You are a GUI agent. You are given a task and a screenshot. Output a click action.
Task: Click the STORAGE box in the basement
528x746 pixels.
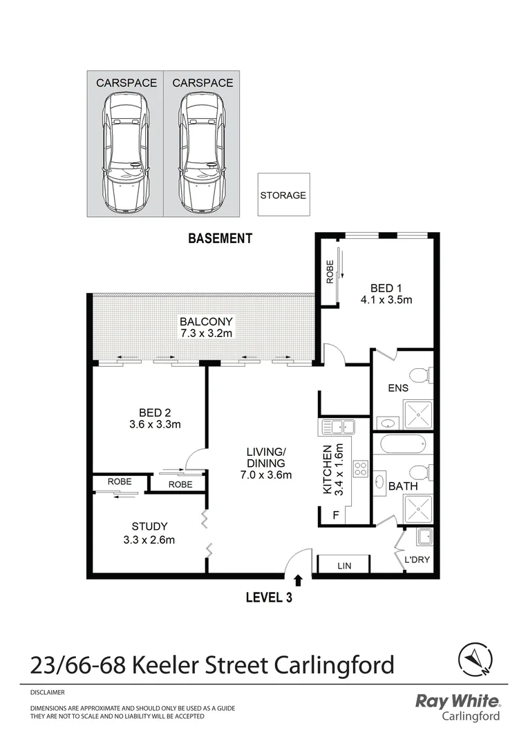pyautogui.click(x=283, y=195)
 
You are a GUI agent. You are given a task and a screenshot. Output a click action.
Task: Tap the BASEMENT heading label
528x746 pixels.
pyautogui.click(x=220, y=239)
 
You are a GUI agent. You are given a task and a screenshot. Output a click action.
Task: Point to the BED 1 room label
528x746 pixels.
pyautogui.click(x=386, y=288)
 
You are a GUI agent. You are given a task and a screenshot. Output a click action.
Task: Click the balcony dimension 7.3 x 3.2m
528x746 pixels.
pyautogui.click(x=207, y=334)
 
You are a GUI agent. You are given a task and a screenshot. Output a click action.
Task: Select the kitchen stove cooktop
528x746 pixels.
pyautogui.click(x=361, y=469)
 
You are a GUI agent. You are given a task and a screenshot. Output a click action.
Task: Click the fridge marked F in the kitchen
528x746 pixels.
pyautogui.click(x=336, y=515)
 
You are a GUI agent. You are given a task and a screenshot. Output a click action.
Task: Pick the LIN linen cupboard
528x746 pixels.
pyautogui.click(x=344, y=566)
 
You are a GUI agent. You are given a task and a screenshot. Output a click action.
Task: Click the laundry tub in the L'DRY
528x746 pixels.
pyautogui.click(x=423, y=537)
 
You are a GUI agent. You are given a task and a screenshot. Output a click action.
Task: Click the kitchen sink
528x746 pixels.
pyautogui.click(x=338, y=426)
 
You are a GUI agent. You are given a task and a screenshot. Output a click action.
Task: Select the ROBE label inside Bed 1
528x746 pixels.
pyautogui.click(x=330, y=271)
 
